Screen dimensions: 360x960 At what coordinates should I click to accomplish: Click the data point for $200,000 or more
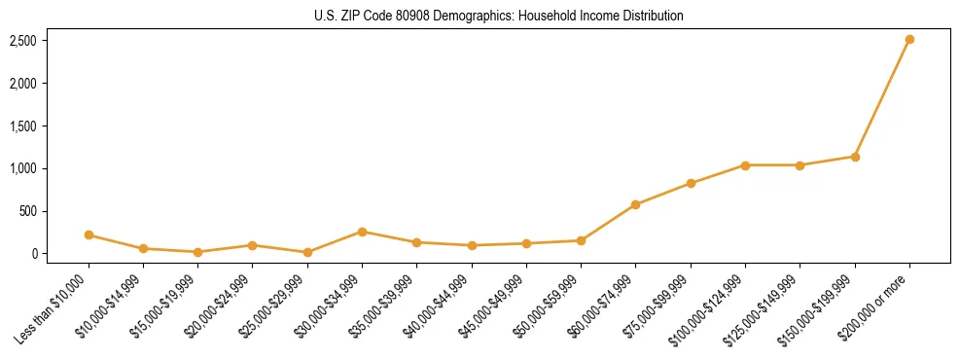coord(909,40)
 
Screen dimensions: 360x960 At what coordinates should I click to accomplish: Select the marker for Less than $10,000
coord(89,234)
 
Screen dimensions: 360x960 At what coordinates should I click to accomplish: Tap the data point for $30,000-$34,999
coord(362,232)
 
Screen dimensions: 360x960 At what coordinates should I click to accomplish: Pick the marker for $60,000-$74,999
coord(635,204)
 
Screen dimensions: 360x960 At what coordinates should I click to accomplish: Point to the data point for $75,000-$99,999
coord(691,183)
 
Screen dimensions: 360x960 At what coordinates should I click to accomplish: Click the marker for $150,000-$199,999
coord(855,157)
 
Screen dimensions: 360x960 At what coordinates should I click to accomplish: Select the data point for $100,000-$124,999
coord(745,165)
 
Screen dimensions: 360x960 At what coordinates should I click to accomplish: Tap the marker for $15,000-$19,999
coord(198,252)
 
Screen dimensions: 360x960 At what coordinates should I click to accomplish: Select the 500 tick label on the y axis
coord(28,211)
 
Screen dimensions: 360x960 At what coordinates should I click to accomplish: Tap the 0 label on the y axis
coord(34,254)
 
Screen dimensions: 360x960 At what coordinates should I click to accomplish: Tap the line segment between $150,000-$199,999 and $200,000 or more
coord(882,98)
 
